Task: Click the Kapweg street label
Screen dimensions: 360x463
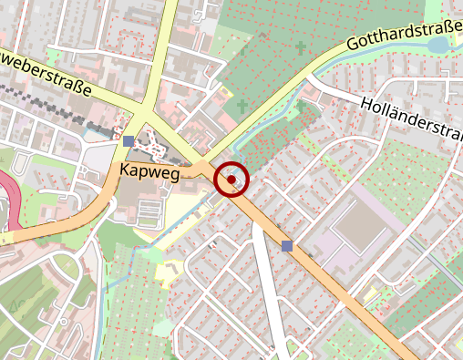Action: click(x=148, y=171)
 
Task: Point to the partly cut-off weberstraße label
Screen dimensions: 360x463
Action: click(x=46, y=76)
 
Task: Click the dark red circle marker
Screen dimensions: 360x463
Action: click(x=231, y=180)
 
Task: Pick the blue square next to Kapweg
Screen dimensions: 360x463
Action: click(x=129, y=141)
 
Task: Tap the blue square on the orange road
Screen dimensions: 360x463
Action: click(x=288, y=245)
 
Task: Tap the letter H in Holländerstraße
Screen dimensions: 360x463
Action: click(x=366, y=106)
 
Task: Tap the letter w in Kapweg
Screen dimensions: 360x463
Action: click(x=158, y=172)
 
